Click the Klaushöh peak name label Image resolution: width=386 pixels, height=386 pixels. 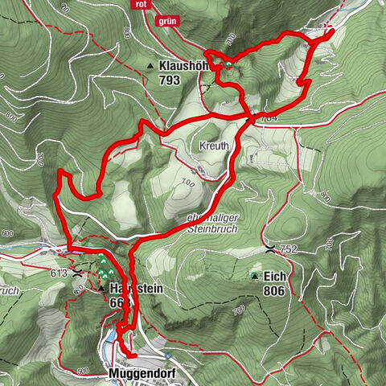(x=187, y=66)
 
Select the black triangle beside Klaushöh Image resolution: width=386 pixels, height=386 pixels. (x=150, y=66)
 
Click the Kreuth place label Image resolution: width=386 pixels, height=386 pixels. (x=214, y=146)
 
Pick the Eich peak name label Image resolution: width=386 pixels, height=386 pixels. (x=275, y=276)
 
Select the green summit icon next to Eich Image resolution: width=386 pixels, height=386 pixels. (x=255, y=277)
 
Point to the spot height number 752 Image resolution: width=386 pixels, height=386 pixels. (x=289, y=250)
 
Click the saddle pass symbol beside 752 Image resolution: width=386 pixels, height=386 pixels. (x=273, y=248)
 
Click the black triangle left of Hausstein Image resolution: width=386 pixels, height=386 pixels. (x=101, y=286)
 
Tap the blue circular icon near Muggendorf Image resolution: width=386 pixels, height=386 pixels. (x=167, y=355)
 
